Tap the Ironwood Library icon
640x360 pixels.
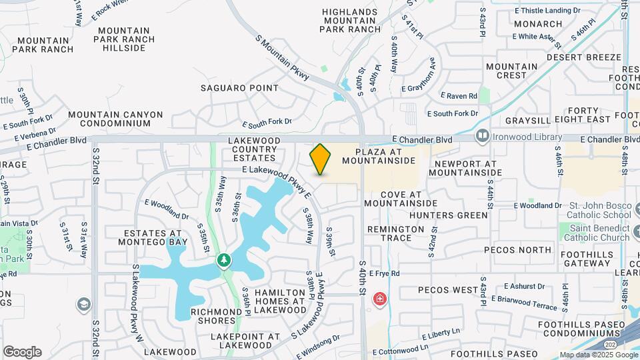483,136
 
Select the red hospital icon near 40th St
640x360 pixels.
380,298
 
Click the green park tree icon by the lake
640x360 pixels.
225,259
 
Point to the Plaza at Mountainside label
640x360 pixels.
379,156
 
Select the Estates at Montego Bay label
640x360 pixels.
153,238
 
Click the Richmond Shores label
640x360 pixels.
216,316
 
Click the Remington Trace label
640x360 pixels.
396,233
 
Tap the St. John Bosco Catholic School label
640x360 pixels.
598,210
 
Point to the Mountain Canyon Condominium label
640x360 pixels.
115,119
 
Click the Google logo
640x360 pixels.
22,352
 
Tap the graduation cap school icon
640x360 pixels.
83,305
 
